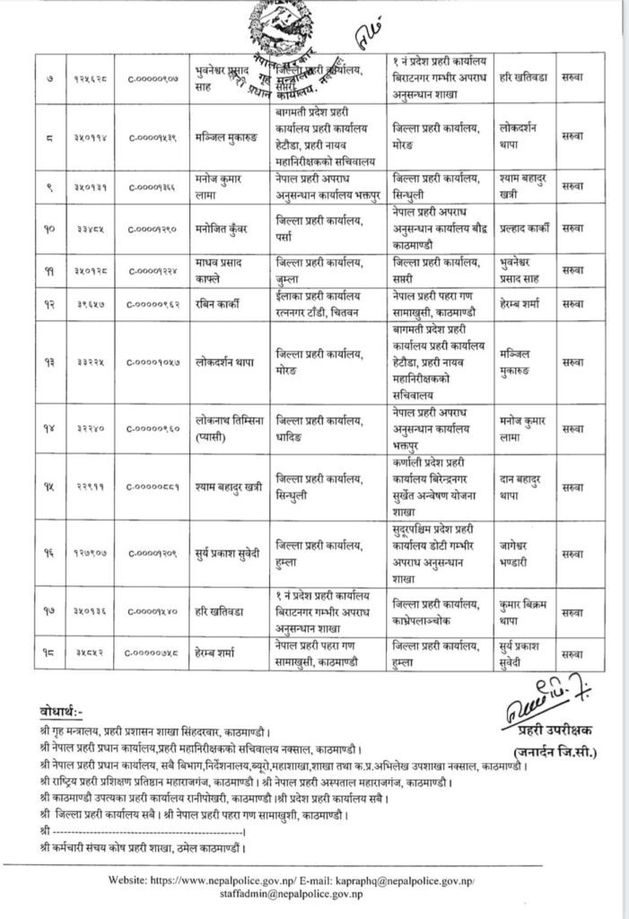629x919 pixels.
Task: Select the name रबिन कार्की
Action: click(x=219, y=304)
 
